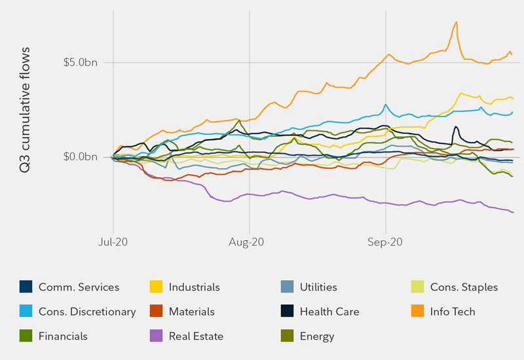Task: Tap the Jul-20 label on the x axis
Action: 113,242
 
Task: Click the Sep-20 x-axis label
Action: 386,242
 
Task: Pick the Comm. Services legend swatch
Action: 26,287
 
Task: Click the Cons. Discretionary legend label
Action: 87,312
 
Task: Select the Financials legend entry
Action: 63,336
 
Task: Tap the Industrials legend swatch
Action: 156,287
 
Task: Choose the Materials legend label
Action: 191,312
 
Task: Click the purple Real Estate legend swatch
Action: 156,336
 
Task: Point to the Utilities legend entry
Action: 318,287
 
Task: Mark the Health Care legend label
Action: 329,312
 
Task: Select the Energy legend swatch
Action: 287,336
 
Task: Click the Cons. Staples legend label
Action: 464,287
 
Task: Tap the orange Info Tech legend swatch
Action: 417,312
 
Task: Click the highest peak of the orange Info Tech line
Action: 456,22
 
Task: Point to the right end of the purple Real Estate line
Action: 513,212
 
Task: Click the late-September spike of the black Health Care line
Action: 455,126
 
